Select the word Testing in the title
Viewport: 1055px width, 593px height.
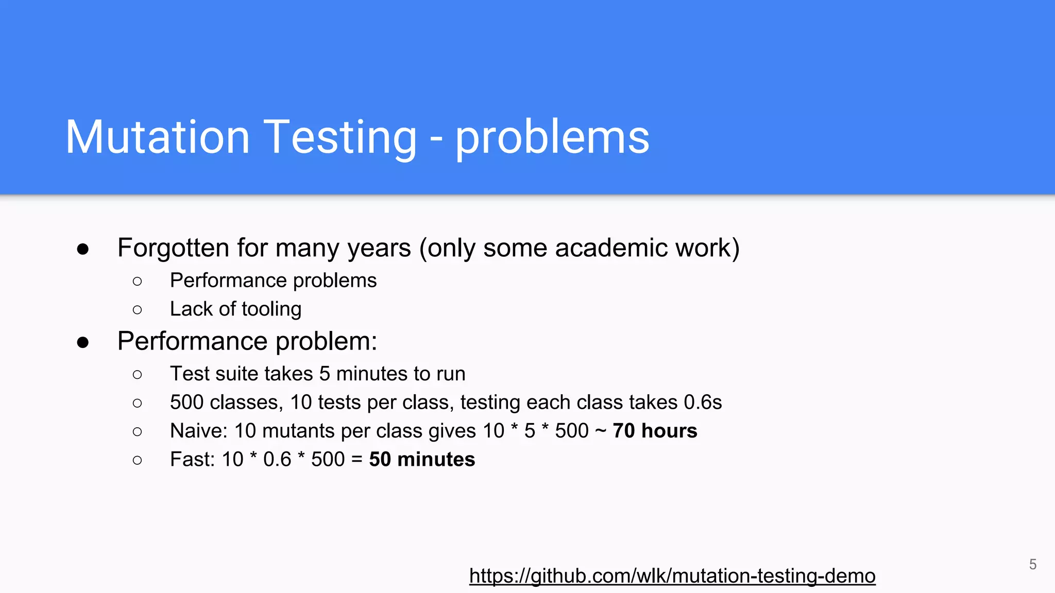341,138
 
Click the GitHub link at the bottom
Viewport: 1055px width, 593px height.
672,575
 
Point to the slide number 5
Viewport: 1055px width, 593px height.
1033,564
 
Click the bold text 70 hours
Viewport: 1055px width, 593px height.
655,431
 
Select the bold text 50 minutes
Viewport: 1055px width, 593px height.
422,459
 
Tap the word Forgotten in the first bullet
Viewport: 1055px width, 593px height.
173,248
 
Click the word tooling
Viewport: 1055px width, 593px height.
271,309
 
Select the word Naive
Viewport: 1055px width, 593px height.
198,431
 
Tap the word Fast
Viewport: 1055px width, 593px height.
192,459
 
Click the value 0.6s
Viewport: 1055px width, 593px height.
703,402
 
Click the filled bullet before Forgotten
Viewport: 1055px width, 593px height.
83,250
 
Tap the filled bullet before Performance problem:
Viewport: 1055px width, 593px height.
83,343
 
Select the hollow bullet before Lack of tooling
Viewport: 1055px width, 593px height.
137,310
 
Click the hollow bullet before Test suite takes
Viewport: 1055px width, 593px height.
137,374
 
